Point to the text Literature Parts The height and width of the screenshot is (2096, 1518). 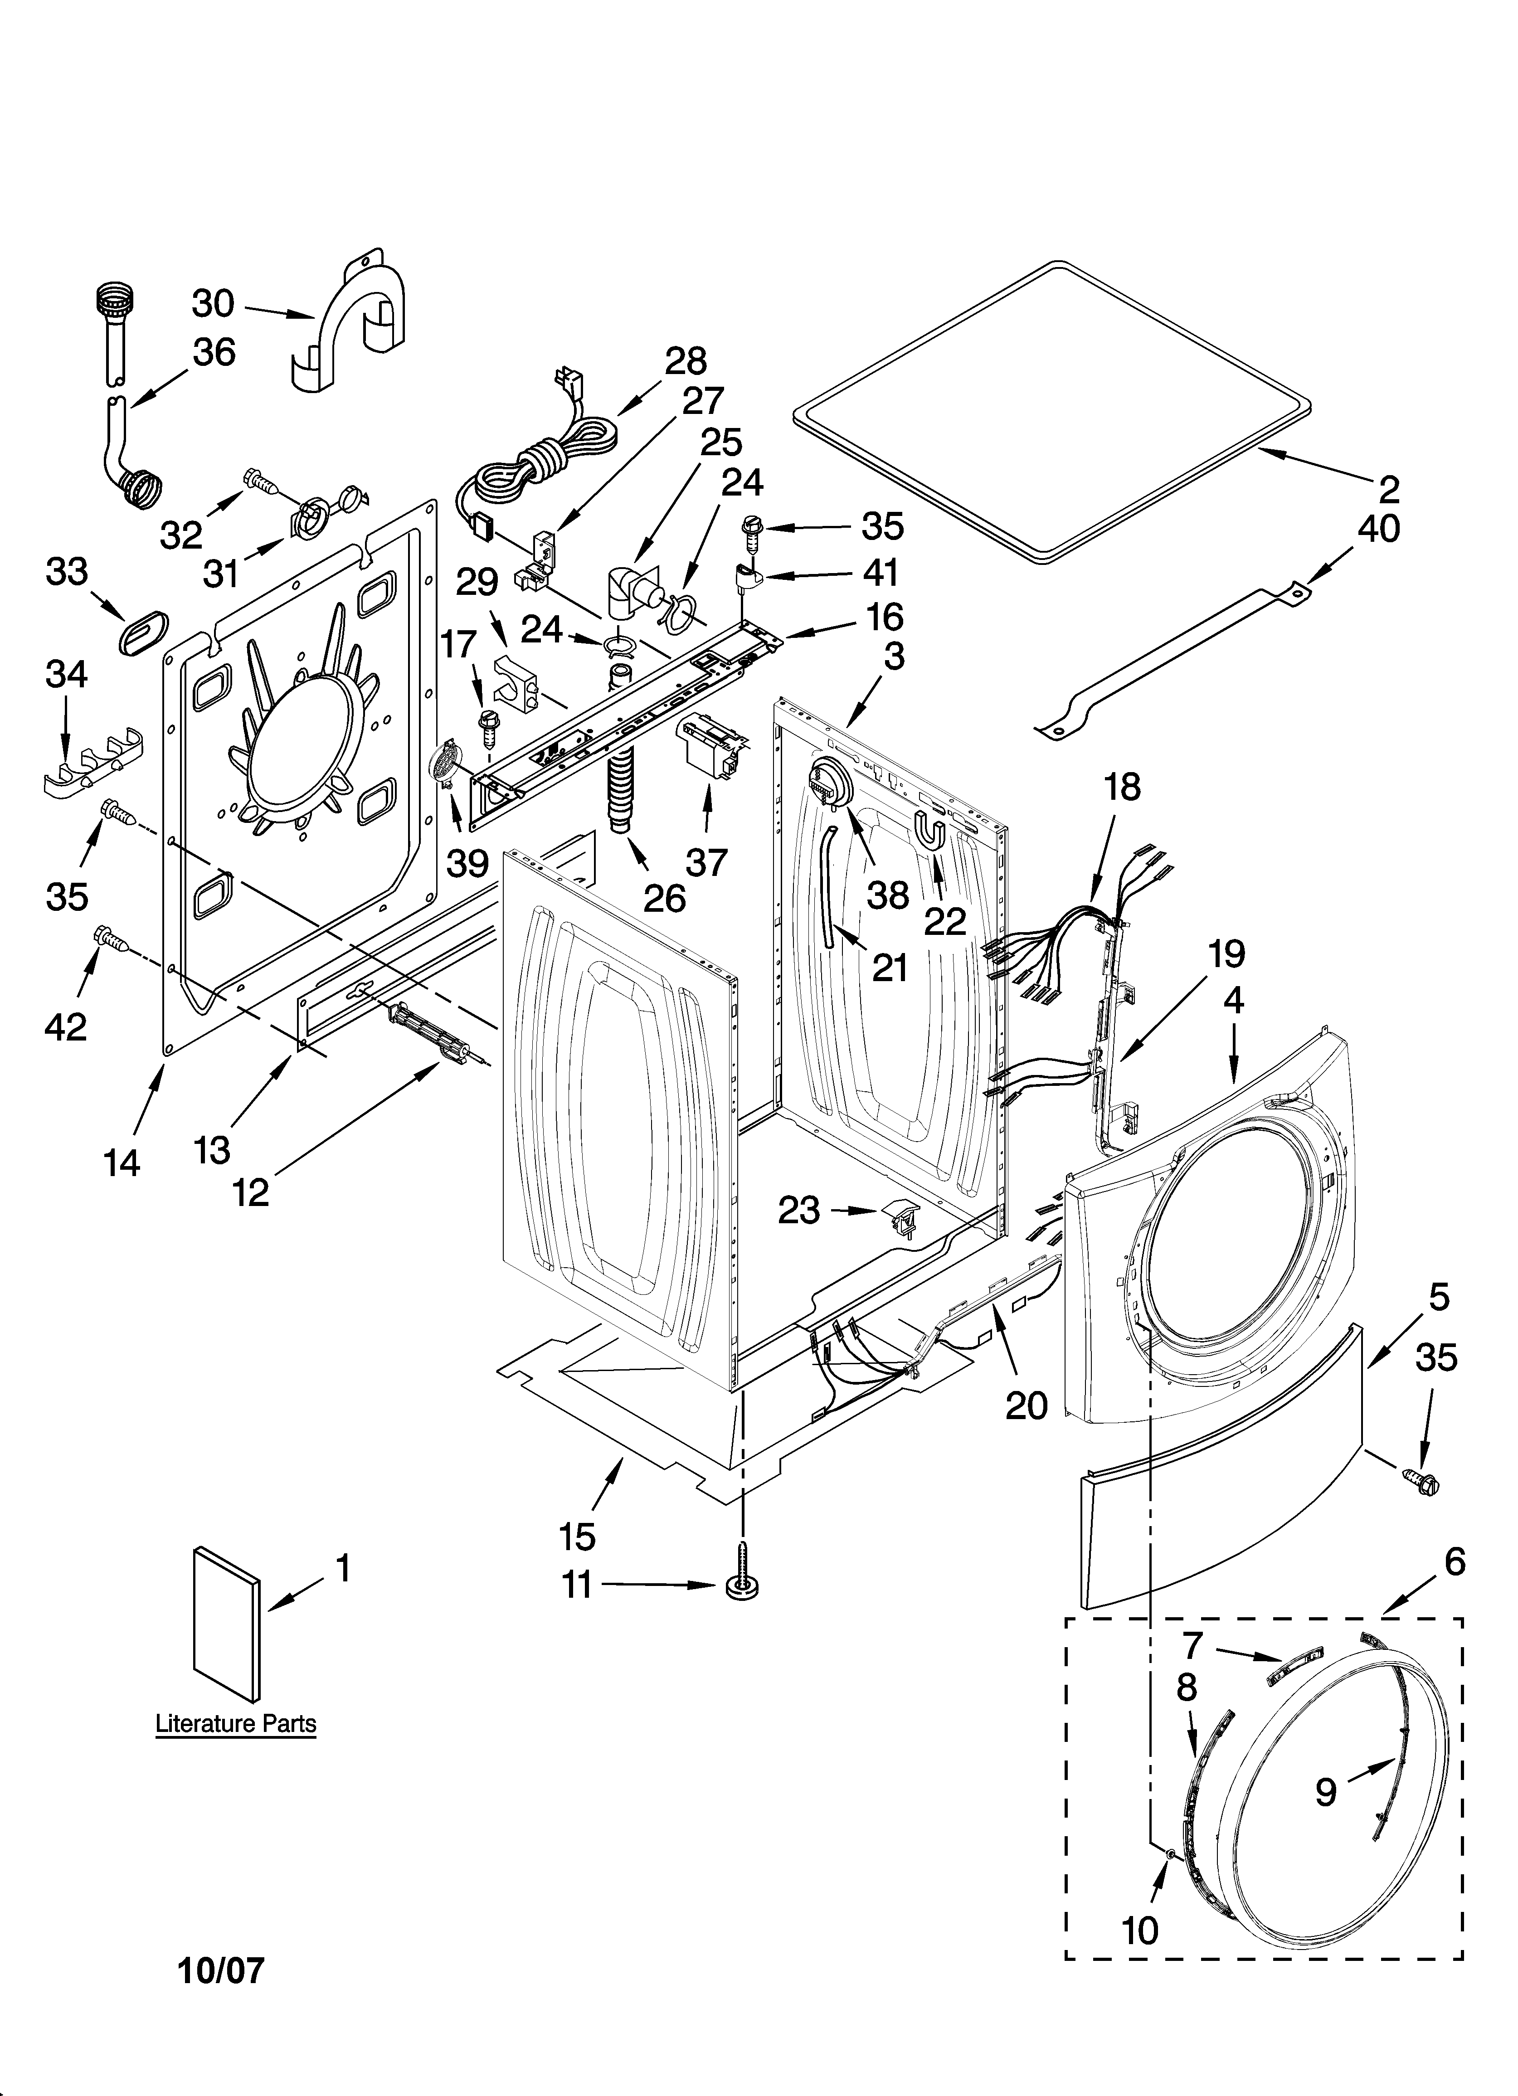click(236, 1724)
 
